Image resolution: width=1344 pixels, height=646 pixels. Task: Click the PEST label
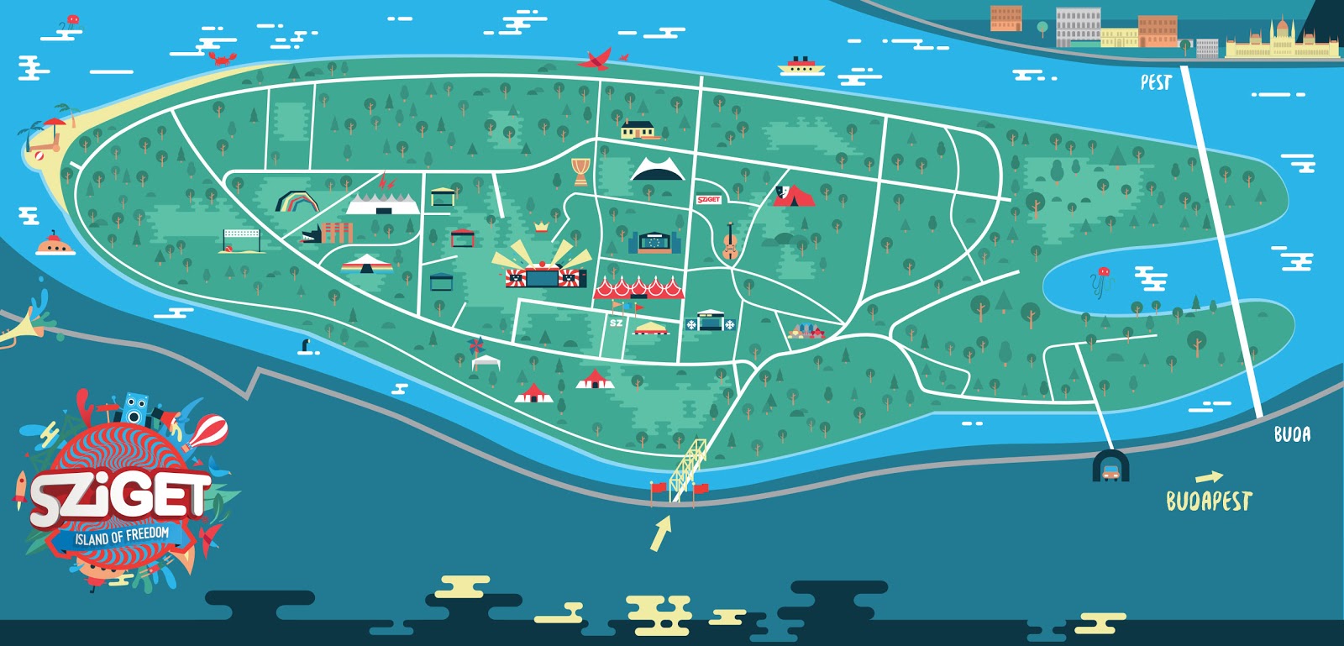(x=1156, y=82)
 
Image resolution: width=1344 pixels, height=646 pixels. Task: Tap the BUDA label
(x=1291, y=433)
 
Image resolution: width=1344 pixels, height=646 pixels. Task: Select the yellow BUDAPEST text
(x=1209, y=501)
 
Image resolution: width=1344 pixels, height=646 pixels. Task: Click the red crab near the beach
(x=222, y=58)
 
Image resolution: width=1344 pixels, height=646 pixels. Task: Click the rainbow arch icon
(x=297, y=202)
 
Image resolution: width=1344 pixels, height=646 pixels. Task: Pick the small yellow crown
(x=542, y=225)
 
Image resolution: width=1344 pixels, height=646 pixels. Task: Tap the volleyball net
(x=241, y=239)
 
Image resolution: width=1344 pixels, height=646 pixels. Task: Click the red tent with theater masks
(x=793, y=196)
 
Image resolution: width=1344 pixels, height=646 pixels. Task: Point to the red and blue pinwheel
(x=476, y=346)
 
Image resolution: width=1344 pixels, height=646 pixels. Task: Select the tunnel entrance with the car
(x=1110, y=466)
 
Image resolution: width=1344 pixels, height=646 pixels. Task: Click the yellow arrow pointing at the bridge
(x=661, y=533)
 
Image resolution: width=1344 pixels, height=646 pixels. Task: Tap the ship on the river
(x=801, y=65)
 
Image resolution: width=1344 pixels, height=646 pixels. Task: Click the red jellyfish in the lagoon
(x=1101, y=277)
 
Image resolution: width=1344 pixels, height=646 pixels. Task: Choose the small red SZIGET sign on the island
(x=708, y=199)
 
